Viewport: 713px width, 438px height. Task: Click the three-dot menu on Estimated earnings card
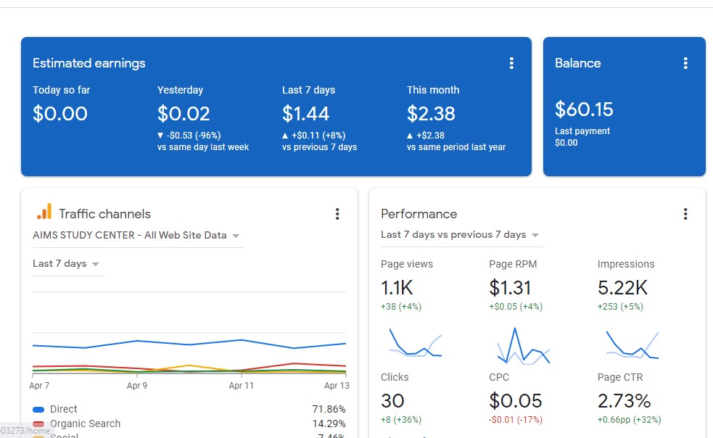(x=511, y=63)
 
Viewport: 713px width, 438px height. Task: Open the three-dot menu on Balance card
(x=685, y=63)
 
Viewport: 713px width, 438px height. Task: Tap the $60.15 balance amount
(x=584, y=109)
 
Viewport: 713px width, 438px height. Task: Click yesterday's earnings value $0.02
(x=184, y=114)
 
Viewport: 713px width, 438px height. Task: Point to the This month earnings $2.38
(x=431, y=114)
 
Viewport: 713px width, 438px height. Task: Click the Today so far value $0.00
(x=60, y=114)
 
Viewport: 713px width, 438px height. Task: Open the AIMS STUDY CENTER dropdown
(x=136, y=236)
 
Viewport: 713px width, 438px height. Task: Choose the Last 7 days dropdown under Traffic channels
(x=66, y=264)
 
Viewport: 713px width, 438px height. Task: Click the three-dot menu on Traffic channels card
(x=337, y=214)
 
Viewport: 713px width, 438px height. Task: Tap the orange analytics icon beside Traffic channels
(x=44, y=212)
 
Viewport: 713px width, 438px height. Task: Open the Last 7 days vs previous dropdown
(x=461, y=235)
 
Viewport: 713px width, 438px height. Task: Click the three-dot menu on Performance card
(x=685, y=214)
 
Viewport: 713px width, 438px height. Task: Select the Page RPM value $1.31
(x=510, y=288)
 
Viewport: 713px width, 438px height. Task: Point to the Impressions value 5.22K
(x=622, y=288)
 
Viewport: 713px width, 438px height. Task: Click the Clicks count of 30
(x=392, y=401)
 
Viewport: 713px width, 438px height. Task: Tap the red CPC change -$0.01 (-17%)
(x=515, y=420)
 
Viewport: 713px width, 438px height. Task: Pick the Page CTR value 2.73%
(x=624, y=401)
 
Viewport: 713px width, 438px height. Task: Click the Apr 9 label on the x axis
(x=137, y=386)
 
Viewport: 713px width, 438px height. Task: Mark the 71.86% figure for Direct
(x=329, y=410)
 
